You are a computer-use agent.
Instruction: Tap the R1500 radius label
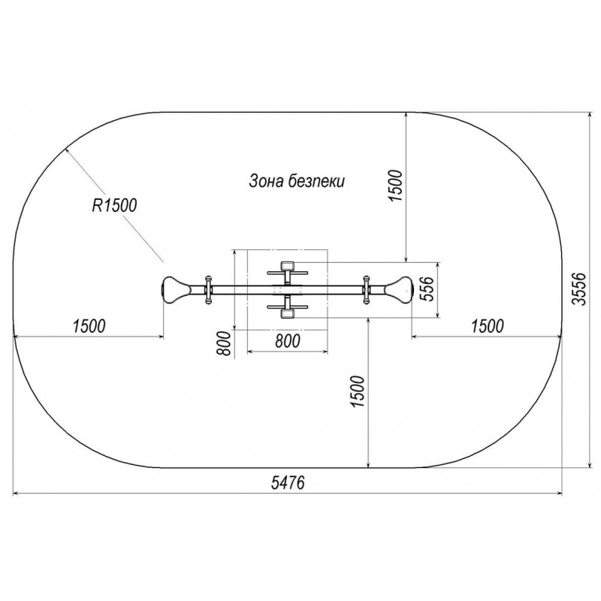click(114, 205)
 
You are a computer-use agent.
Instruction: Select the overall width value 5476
click(288, 482)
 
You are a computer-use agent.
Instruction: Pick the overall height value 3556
click(579, 289)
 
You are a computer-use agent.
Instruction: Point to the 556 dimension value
click(427, 288)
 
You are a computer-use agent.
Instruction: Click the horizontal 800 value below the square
click(288, 341)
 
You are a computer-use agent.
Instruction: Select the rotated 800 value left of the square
click(224, 343)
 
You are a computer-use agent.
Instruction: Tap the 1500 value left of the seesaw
click(89, 326)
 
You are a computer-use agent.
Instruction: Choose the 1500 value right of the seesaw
click(487, 326)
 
